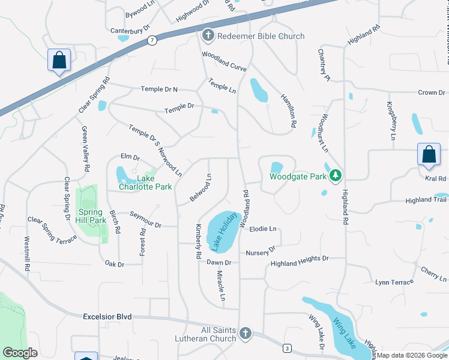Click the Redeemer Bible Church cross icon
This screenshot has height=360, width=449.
[x=208, y=36]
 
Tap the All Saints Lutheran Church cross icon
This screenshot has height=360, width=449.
[x=245, y=334]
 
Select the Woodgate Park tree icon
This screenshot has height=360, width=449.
[x=336, y=176]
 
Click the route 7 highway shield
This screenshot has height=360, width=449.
[x=152, y=40]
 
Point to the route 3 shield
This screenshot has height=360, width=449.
[x=288, y=349]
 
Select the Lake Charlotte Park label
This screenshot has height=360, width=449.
[x=154, y=182]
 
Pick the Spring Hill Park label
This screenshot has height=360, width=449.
[x=91, y=216]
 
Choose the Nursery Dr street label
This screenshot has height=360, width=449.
[x=260, y=250]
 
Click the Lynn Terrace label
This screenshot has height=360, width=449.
[x=394, y=282]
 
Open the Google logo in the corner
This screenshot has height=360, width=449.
[x=20, y=353]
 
